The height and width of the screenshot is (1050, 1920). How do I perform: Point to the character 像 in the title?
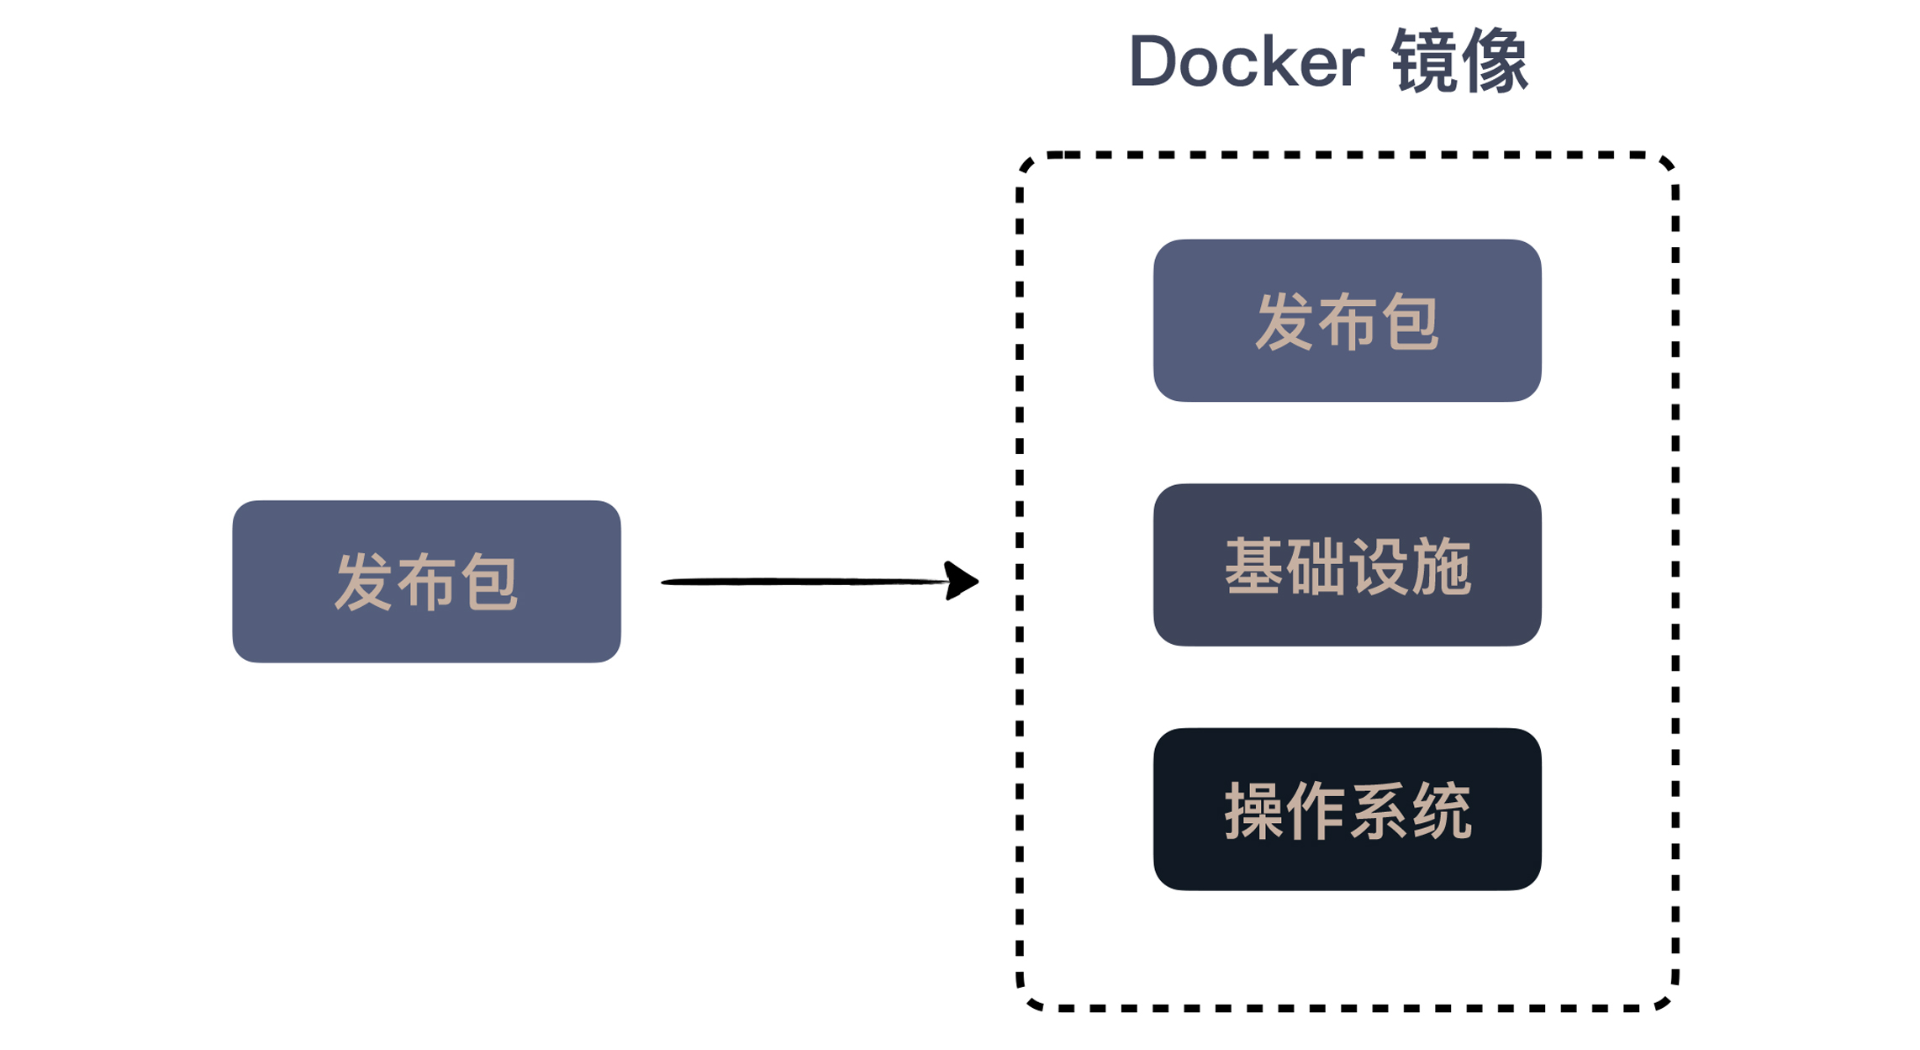click(x=1495, y=61)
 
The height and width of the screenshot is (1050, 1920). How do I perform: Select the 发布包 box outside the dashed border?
click(x=426, y=582)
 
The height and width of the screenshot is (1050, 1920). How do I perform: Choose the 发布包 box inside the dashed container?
click(x=1347, y=320)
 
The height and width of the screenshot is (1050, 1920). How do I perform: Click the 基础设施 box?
click(x=1347, y=565)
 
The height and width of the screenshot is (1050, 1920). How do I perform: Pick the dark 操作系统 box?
click(x=1347, y=810)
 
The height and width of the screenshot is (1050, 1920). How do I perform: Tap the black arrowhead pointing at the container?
click(x=961, y=580)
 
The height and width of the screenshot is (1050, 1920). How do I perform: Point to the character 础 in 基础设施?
click(x=1316, y=567)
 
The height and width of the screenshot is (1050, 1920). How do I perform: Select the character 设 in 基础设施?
click(x=1379, y=567)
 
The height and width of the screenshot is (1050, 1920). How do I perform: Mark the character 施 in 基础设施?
click(x=1441, y=567)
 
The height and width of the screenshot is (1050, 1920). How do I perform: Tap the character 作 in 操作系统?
click(x=1316, y=811)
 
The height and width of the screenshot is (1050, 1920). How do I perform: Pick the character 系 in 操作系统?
click(x=1379, y=811)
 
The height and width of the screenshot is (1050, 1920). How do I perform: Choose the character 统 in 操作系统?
click(x=1441, y=811)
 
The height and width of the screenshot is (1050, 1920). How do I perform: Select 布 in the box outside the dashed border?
click(x=426, y=582)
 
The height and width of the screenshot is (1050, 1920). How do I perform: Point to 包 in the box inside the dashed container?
click(x=1410, y=322)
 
